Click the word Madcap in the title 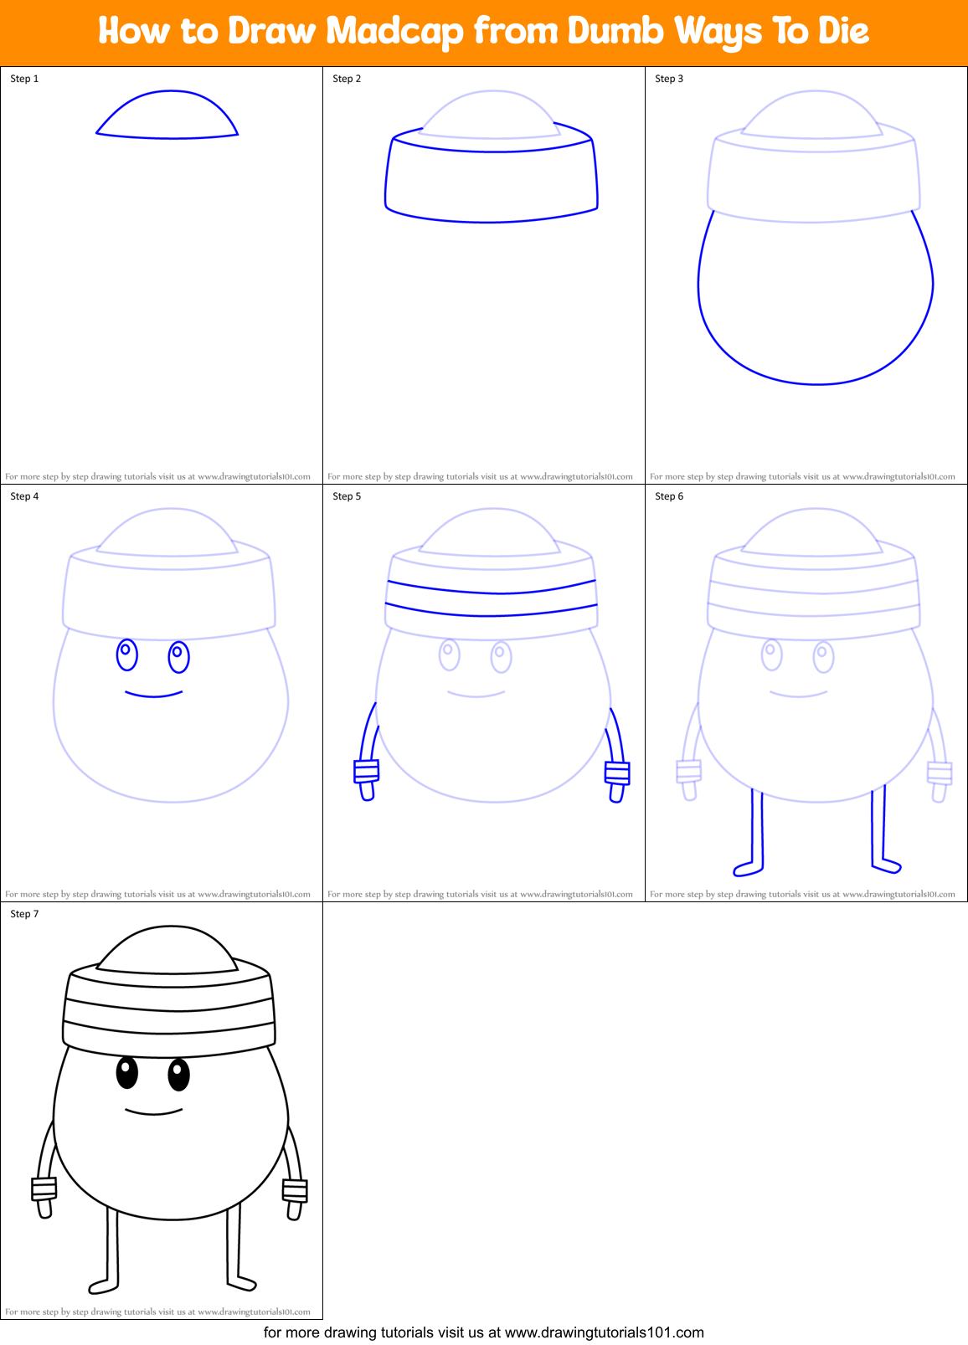[x=394, y=32]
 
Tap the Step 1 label [x=24, y=79]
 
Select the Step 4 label [x=24, y=496]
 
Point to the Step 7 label [x=24, y=914]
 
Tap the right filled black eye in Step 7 [x=178, y=1074]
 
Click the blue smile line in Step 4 [x=154, y=695]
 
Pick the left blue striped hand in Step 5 [x=367, y=772]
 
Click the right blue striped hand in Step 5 [x=617, y=773]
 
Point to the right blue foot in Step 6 [x=886, y=865]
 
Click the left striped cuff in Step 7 [x=44, y=1188]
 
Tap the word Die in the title [x=842, y=32]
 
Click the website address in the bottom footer [x=604, y=1332]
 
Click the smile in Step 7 [x=154, y=1112]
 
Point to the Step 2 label [x=347, y=79]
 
